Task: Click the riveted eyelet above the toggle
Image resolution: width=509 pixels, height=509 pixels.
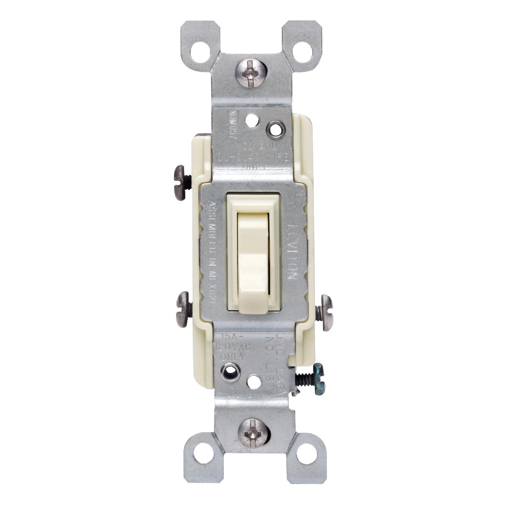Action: [x=276, y=128]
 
